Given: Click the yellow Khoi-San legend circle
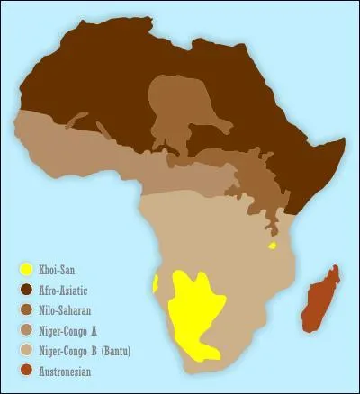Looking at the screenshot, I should [x=27, y=269].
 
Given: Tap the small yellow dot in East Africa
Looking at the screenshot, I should [x=272, y=245].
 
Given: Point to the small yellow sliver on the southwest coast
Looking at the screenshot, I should [x=156, y=284].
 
